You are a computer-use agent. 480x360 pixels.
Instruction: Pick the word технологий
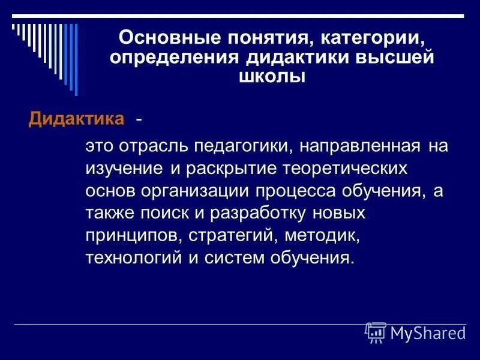(129, 257)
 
